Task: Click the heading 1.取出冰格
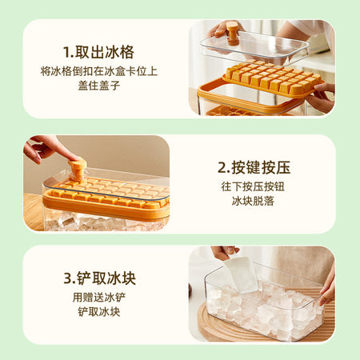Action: (x=98, y=52)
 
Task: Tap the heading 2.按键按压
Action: (x=254, y=167)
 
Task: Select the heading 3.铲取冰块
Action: (x=99, y=278)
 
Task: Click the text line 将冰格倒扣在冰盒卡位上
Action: (x=99, y=71)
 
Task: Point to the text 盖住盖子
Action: (x=99, y=86)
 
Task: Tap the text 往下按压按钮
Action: (x=253, y=186)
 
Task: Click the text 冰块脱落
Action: (x=253, y=201)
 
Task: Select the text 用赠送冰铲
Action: (x=99, y=298)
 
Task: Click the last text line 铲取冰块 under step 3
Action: (x=99, y=312)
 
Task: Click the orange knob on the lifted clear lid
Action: (x=233, y=33)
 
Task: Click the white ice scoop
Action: (x=241, y=274)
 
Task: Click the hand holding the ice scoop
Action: (x=223, y=252)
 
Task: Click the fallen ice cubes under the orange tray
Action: (x=104, y=222)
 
